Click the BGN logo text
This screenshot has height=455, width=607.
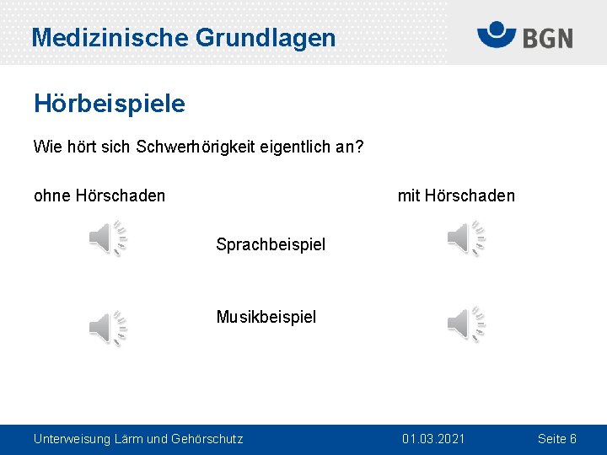click(547, 38)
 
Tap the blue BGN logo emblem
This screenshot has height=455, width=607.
click(497, 35)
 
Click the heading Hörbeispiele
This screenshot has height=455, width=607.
click(109, 104)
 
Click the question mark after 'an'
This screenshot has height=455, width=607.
click(359, 147)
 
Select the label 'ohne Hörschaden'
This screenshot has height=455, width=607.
click(99, 196)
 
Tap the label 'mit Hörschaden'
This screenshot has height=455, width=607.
click(456, 196)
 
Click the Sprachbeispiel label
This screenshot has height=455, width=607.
click(271, 245)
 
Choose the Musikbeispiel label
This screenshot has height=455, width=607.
click(266, 317)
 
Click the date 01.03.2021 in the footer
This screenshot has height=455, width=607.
click(433, 439)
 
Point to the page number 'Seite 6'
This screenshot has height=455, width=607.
click(557, 439)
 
